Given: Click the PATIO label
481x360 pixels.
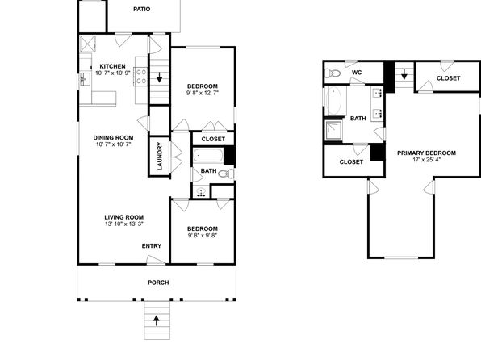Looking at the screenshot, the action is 142,10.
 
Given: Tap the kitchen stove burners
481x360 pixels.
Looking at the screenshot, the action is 141,77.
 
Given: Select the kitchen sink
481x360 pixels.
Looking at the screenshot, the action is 85,79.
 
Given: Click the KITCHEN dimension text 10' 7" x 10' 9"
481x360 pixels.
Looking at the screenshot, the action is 112,73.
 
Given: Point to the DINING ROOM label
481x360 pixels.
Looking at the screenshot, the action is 113,138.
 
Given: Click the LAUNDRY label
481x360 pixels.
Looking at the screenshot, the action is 160,157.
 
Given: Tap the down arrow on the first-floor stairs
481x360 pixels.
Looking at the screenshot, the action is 159,77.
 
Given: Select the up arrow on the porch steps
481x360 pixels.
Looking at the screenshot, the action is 157,320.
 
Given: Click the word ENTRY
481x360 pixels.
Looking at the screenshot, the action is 152,246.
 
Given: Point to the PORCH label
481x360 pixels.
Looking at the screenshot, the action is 158,283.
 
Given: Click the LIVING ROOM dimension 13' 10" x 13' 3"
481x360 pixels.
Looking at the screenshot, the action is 124,224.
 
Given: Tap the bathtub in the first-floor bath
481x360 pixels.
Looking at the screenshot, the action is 208,156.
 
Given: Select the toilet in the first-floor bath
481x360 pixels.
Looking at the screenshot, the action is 227,174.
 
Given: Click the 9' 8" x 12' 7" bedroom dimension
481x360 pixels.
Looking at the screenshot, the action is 203,93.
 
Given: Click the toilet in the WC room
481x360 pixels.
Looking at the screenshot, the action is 333,73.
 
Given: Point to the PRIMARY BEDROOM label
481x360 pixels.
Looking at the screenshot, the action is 426,153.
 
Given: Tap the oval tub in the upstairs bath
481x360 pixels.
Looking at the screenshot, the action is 335,100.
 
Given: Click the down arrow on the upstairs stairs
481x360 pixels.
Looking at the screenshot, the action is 404,74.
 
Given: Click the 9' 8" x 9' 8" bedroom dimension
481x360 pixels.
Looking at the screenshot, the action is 203,236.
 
